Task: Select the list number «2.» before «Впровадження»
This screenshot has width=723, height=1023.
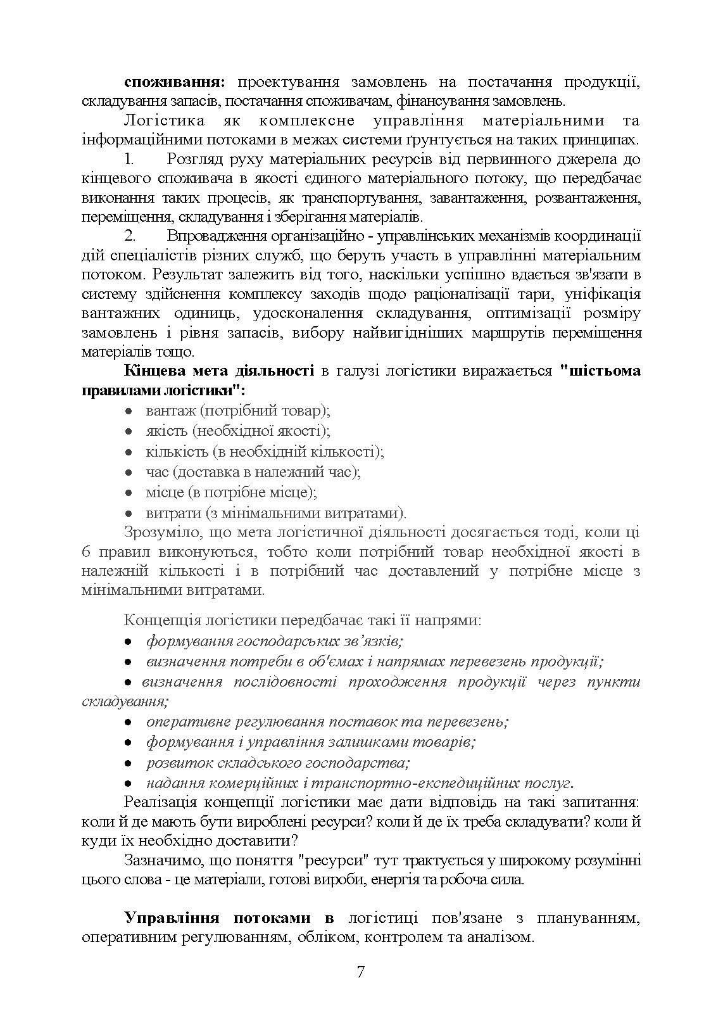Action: pos(131,237)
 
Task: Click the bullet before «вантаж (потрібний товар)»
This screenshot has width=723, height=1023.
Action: pos(129,412)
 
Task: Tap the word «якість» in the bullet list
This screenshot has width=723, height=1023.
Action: pos(167,431)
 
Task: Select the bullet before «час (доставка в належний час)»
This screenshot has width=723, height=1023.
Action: pos(129,473)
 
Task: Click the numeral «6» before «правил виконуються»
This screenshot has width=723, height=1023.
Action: pos(87,551)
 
